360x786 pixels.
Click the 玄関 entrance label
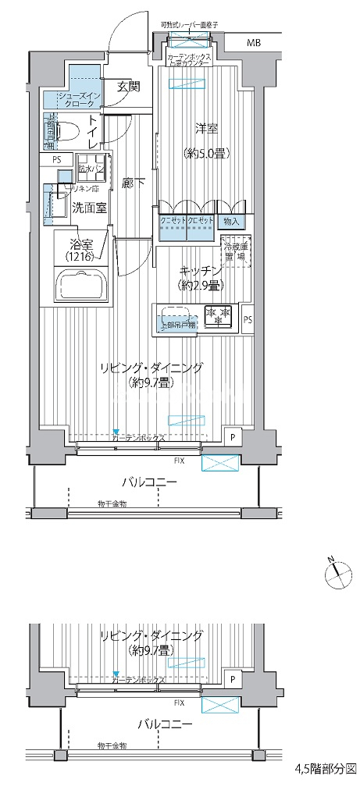[128, 86]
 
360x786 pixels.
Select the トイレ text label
[93, 132]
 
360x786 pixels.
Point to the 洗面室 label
[90, 208]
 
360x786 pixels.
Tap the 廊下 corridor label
[134, 183]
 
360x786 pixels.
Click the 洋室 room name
[205, 130]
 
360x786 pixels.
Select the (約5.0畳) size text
[205, 153]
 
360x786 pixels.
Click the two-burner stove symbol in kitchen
[218, 315]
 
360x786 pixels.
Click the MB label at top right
[255, 42]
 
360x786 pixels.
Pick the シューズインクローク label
[72, 99]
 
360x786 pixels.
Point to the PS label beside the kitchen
[248, 320]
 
